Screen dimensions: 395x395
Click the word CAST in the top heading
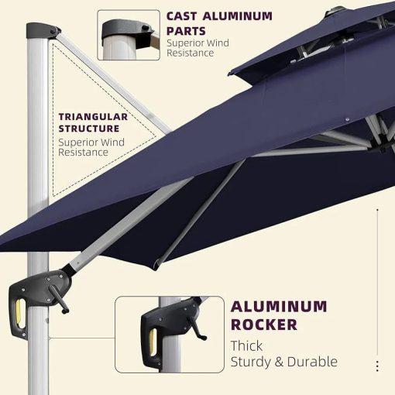[181, 16]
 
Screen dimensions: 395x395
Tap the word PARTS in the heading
[186, 31]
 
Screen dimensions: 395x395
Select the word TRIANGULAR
[93, 117]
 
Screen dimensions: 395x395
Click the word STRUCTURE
[89, 129]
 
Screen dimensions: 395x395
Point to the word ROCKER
[264, 325]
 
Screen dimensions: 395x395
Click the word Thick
[246, 345]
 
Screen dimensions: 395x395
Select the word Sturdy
[250, 362]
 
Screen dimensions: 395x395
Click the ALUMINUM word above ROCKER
[279, 307]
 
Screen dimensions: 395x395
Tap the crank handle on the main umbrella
[59, 299]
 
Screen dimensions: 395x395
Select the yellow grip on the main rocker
[19, 313]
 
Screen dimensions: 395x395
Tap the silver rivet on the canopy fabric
[347, 119]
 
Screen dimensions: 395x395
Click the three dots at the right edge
[377, 366]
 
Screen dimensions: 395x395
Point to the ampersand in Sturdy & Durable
[279, 362]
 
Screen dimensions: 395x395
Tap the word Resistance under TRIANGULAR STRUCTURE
[83, 153]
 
